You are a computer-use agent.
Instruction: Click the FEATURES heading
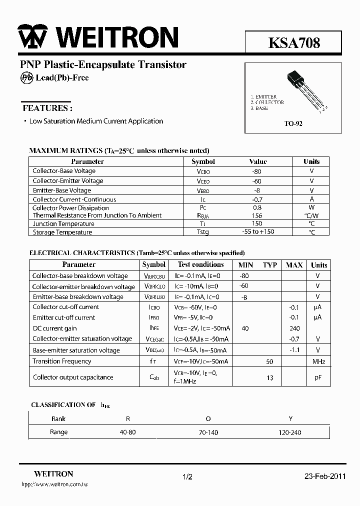pyautogui.click(x=47, y=108)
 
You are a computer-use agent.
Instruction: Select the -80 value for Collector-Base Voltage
pyautogui.click(x=257, y=171)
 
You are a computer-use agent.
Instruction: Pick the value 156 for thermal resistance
pyautogui.click(x=257, y=215)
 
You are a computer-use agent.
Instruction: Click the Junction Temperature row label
pyautogui.click(x=63, y=224)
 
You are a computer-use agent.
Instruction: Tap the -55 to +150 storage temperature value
pyautogui.click(x=257, y=232)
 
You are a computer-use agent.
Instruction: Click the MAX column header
pyautogui.click(x=294, y=265)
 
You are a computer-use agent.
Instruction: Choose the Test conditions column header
pyautogui.click(x=200, y=264)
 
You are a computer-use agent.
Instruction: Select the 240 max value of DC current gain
pyautogui.click(x=294, y=328)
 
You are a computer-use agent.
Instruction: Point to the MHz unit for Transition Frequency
pyautogui.click(x=318, y=361)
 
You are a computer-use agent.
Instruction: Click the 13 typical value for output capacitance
pyautogui.click(x=270, y=378)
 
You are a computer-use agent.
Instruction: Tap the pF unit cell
pyautogui.click(x=318, y=377)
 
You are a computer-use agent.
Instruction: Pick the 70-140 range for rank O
pyautogui.click(x=208, y=432)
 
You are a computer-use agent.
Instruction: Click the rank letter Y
pyautogui.click(x=290, y=418)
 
